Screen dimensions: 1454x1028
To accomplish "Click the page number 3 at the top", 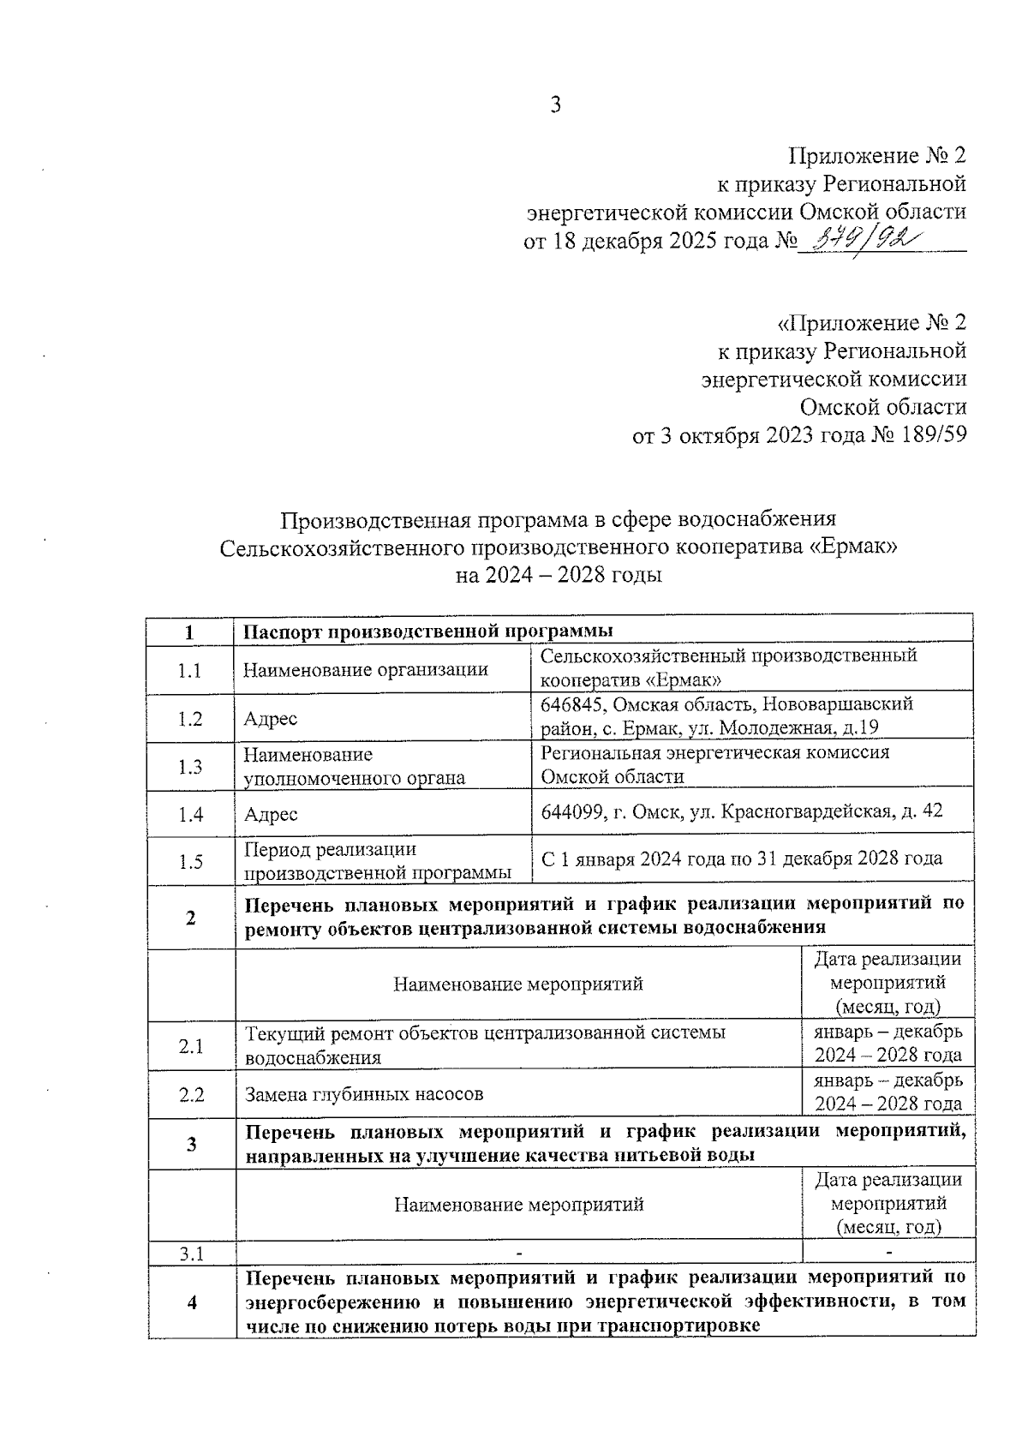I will pyautogui.click(x=555, y=105).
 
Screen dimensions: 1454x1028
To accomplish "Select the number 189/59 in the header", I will pyautogui.click(x=932, y=434).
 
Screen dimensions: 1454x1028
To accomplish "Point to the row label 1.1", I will pyautogui.click(x=189, y=670).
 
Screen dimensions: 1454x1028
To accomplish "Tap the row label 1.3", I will pyautogui.click(x=189, y=767).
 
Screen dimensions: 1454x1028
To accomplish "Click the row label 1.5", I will pyautogui.click(x=189, y=862).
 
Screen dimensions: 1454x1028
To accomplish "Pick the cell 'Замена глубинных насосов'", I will pyautogui.click(x=364, y=1094).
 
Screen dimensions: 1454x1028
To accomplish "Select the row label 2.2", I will pyautogui.click(x=190, y=1094).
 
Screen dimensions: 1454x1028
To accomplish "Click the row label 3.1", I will pyautogui.click(x=191, y=1254).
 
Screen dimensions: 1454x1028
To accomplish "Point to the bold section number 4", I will pyautogui.click(x=191, y=1303).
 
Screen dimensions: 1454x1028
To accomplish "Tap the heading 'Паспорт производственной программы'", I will pyautogui.click(x=428, y=632).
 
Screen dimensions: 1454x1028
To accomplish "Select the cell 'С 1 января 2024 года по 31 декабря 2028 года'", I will pyautogui.click(x=742, y=859).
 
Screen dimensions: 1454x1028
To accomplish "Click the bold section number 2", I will pyautogui.click(x=190, y=918).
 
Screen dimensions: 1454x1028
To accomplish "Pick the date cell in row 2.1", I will pyautogui.click(x=888, y=1043).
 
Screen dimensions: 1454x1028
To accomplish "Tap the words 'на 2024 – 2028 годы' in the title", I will pyautogui.click(x=559, y=575).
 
